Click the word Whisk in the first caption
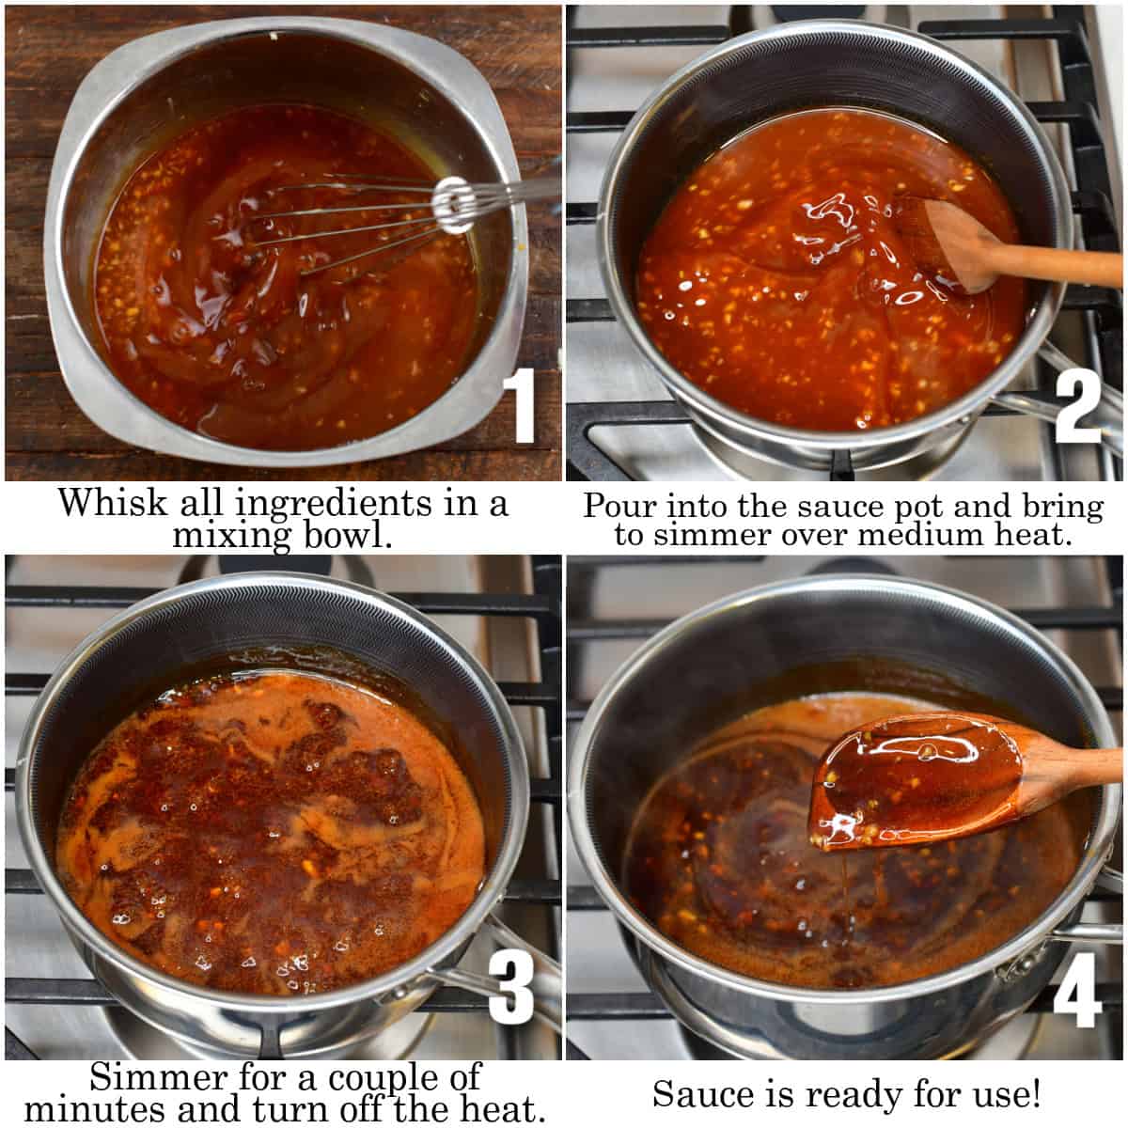[x=105, y=502]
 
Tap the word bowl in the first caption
[x=349, y=537]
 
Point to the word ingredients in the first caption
[x=338, y=504]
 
